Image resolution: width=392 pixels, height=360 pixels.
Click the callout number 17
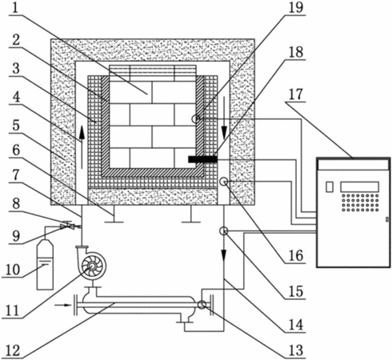tap(296, 94)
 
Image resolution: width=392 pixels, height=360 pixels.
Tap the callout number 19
tap(296, 7)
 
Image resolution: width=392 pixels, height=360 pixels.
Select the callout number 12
tap(13, 350)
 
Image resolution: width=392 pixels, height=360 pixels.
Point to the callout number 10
tap(13, 270)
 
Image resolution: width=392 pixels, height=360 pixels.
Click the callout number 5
tap(16, 125)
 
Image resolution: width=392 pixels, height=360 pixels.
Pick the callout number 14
tap(296, 325)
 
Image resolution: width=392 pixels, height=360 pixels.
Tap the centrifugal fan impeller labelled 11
tap(92, 266)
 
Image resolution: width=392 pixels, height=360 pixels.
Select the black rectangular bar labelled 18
tap(202, 159)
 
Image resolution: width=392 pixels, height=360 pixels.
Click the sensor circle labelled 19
tap(196, 118)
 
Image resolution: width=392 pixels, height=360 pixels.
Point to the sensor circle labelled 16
tap(223, 182)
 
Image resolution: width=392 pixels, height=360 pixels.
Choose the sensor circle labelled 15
tap(223, 231)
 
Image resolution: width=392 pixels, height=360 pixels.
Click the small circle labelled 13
tap(202, 305)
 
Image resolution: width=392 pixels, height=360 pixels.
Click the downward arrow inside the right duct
tap(224, 118)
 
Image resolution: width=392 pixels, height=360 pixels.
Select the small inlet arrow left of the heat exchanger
tap(62, 305)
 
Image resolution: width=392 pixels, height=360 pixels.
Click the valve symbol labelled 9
tap(67, 226)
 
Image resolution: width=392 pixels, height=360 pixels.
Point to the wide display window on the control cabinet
tap(359, 186)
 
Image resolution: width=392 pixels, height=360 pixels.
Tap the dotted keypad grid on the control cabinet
tap(360, 202)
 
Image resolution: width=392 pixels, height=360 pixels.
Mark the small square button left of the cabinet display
tap(330, 186)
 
